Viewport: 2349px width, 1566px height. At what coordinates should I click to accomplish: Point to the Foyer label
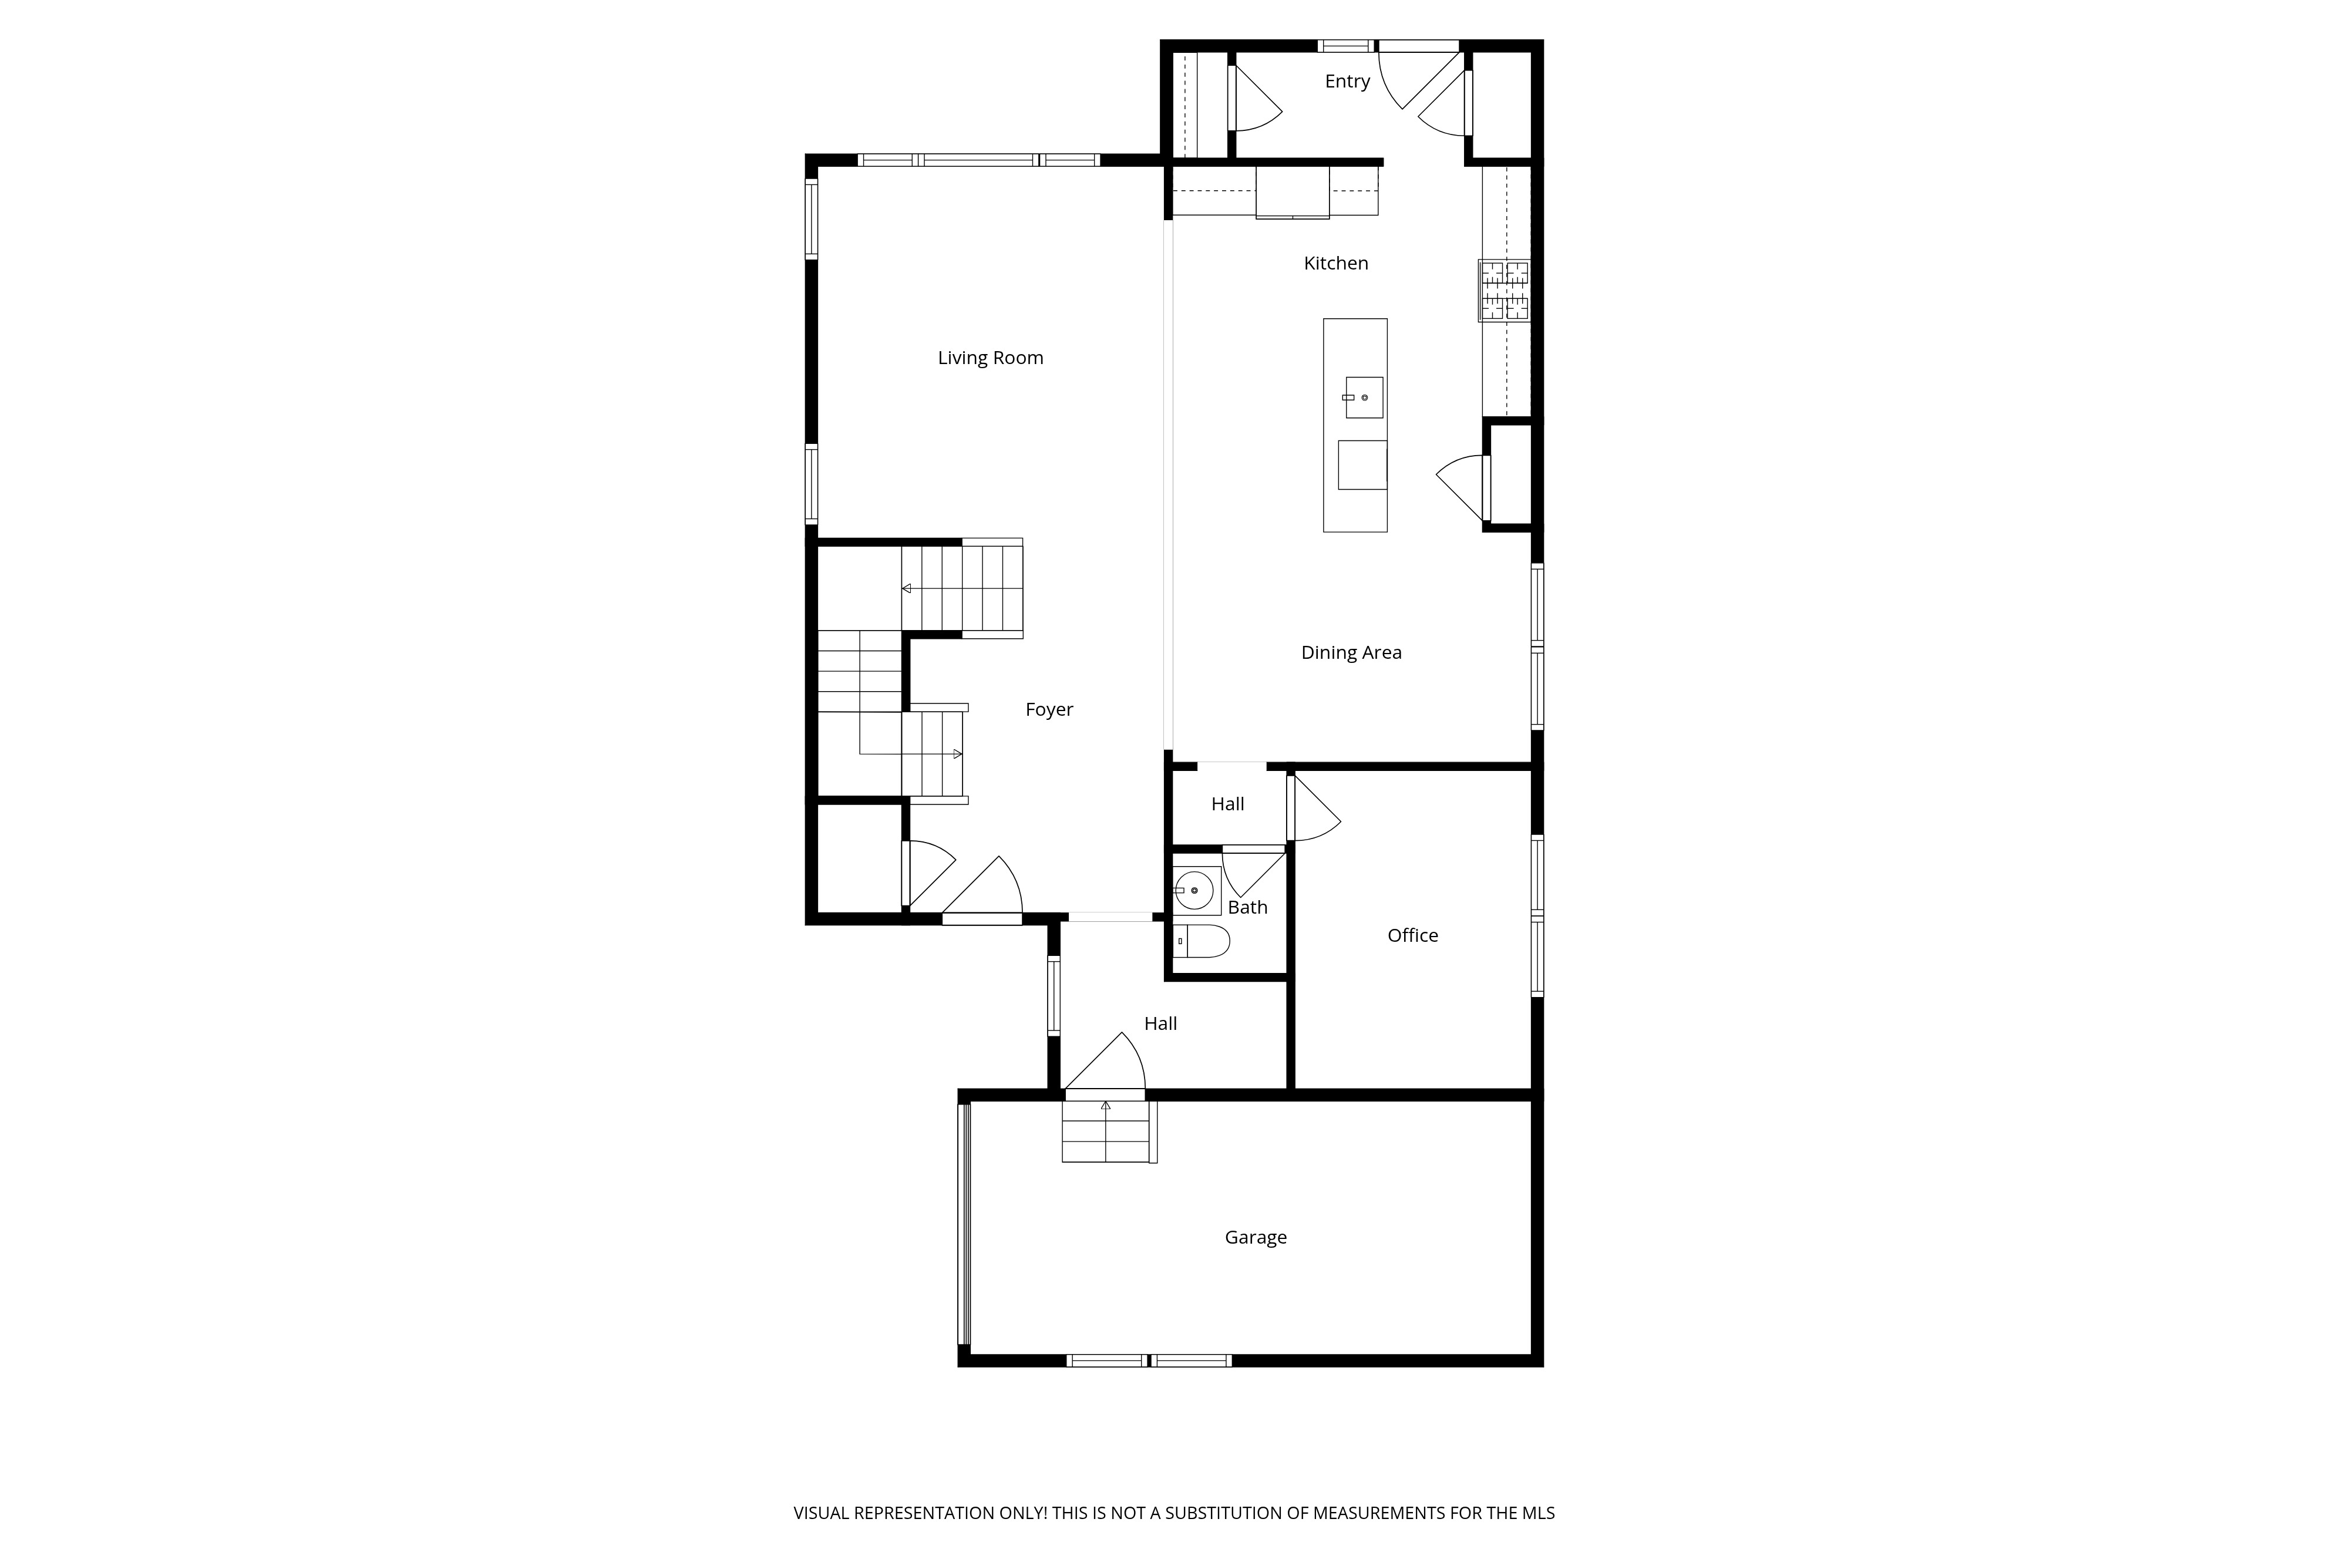1049,709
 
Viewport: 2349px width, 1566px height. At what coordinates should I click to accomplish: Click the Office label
1412,935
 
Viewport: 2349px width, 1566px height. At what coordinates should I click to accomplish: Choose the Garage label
1256,1237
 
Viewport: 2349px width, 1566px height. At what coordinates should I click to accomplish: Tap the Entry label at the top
1347,81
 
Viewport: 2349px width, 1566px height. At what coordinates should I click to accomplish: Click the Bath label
1247,907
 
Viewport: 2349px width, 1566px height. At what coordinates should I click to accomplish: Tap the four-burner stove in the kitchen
1504,291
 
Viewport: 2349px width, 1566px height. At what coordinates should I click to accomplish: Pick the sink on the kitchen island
1363,398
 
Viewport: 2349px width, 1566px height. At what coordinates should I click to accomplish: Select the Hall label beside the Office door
1227,804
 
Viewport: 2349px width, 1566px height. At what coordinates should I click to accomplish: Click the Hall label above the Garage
1160,1023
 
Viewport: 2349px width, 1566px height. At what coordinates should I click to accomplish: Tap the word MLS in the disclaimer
1538,1513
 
